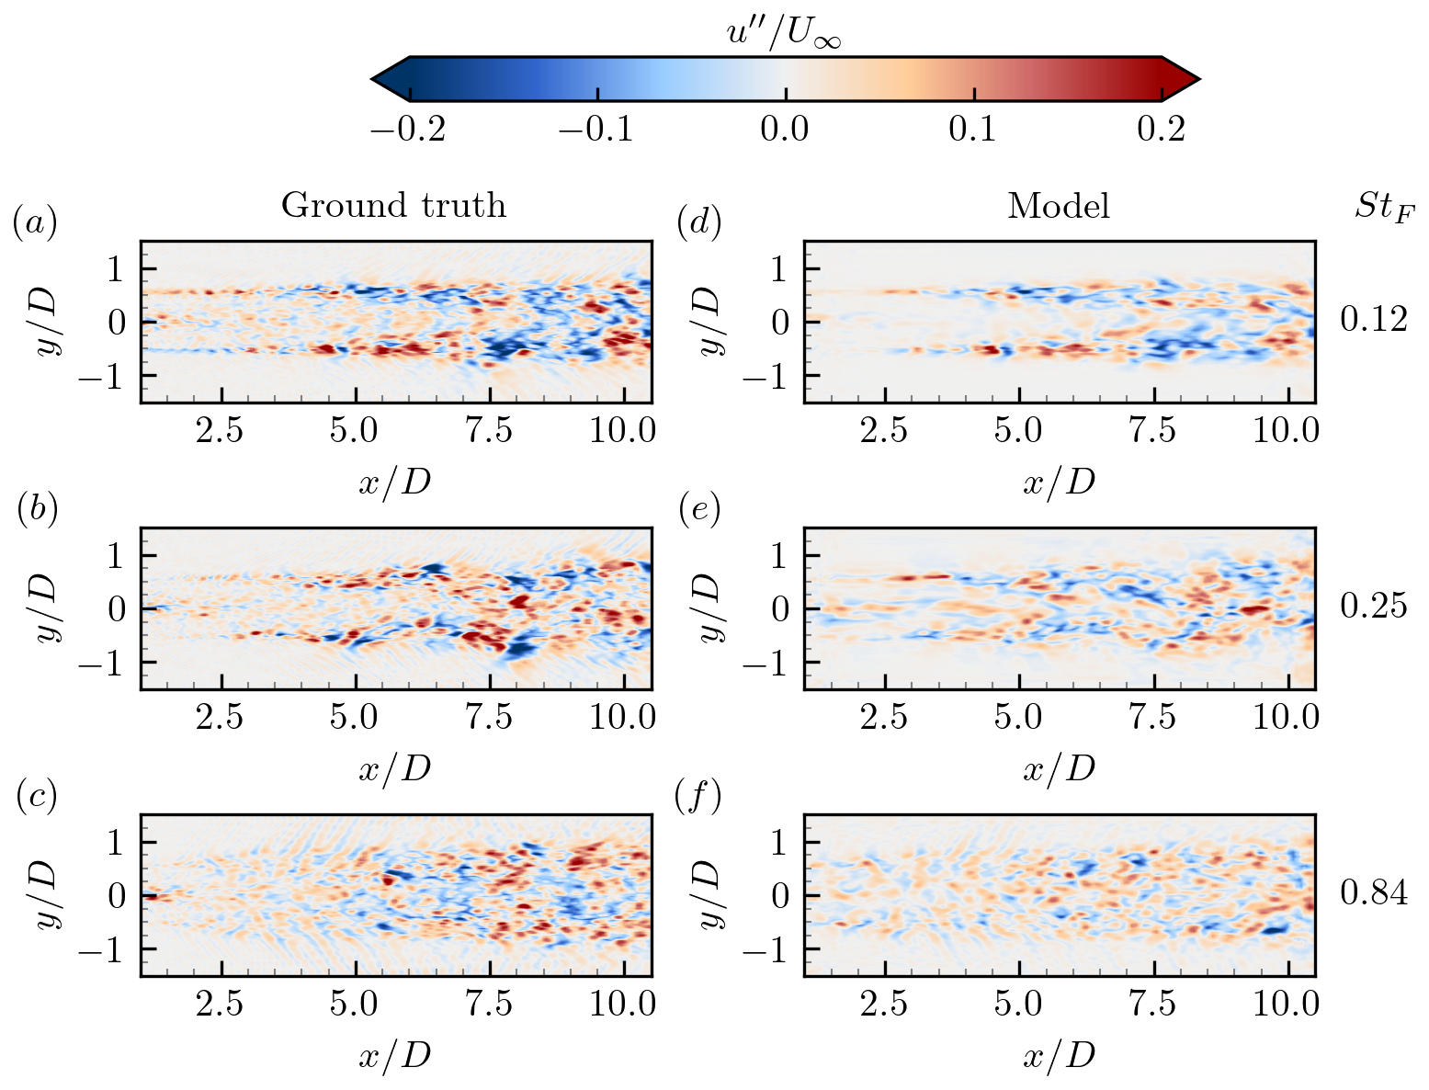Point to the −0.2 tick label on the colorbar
(x=408, y=129)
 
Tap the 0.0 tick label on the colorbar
(x=785, y=129)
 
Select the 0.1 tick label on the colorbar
(x=973, y=129)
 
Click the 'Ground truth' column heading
(x=393, y=205)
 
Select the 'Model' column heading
(x=1059, y=206)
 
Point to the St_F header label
(x=1384, y=208)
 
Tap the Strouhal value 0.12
(x=1374, y=320)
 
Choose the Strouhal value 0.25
(x=1374, y=607)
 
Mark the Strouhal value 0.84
(x=1374, y=892)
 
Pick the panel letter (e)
(x=698, y=510)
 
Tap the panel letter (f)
(x=698, y=797)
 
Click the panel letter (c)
(x=37, y=797)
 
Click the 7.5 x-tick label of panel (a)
(x=489, y=430)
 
